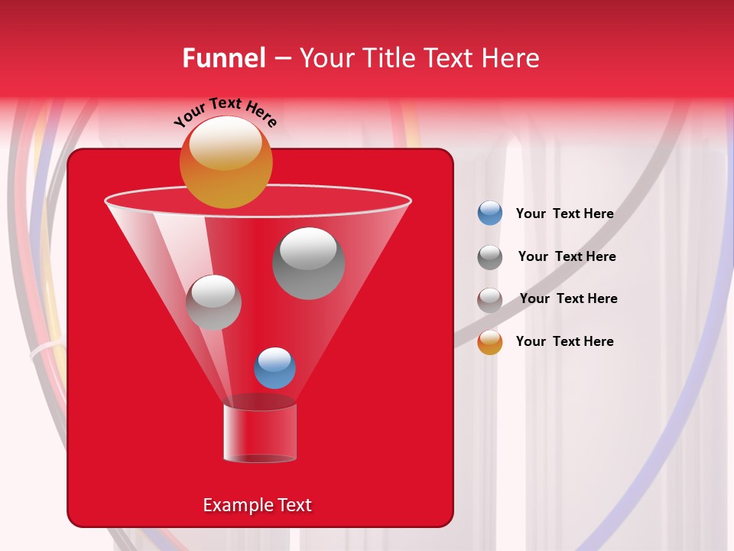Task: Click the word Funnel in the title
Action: [x=223, y=58]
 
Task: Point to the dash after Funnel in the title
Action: [x=282, y=59]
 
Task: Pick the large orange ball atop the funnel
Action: [x=226, y=162]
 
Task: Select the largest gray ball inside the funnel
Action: [x=308, y=262]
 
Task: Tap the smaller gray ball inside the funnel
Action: [x=213, y=302]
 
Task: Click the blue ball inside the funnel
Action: [x=274, y=367]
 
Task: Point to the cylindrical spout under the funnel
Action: [x=259, y=432]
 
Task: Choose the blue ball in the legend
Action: [x=490, y=214]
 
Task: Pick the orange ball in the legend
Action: [x=490, y=342]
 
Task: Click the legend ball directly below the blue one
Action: [x=490, y=257]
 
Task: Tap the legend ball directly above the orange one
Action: [x=490, y=300]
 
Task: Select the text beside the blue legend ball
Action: [x=564, y=214]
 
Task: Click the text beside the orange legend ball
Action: [x=564, y=341]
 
